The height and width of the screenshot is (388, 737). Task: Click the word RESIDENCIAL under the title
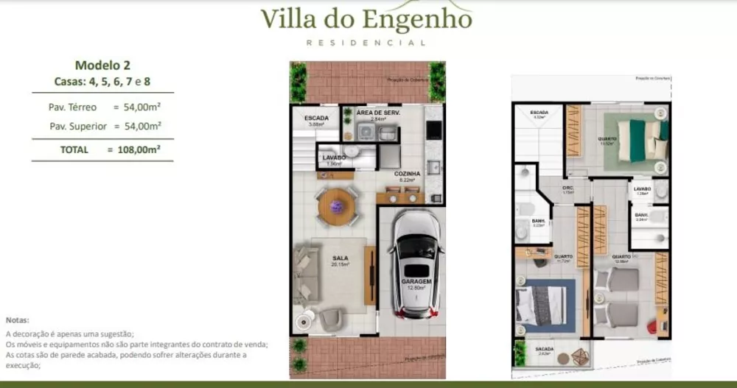(366, 43)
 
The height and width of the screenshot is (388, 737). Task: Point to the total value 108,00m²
(134, 149)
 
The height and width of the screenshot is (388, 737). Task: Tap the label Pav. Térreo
(72, 107)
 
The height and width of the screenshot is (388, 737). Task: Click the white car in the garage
(416, 261)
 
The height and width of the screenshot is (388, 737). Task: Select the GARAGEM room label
(416, 281)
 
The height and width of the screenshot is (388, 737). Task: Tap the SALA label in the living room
(340, 258)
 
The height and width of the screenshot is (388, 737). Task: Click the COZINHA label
(407, 174)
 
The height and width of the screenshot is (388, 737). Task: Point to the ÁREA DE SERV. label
(377, 113)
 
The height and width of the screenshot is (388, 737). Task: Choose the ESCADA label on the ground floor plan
(315, 117)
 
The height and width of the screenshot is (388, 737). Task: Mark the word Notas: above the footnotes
(17, 320)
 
